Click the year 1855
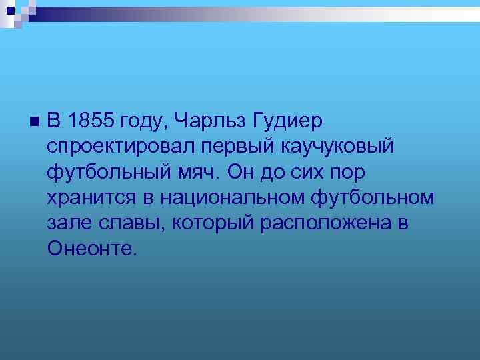(91, 121)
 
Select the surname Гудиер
(287, 121)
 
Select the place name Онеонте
(91, 248)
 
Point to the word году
(146, 123)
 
